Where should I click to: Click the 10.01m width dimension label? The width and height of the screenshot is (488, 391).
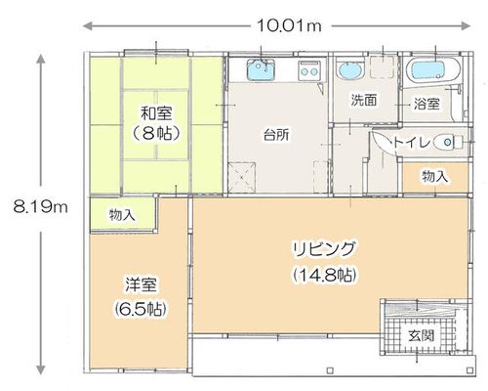(289, 25)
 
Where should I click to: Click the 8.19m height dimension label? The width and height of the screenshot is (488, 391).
(41, 206)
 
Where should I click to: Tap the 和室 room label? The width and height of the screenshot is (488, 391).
(156, 113)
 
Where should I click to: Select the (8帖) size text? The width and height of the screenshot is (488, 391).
(156, 133)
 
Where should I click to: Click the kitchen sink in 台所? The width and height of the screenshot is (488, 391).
(261, 69)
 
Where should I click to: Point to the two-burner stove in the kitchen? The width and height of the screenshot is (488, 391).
(308, 70)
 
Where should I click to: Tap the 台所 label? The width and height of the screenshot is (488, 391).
(276, 135)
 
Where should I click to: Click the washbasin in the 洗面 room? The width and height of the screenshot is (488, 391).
(349, 70)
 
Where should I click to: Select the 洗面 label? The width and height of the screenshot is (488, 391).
(364, 100)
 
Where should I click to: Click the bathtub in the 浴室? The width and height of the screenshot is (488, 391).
(432, 70)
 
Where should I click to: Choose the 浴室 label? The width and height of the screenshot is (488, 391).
(427, 104)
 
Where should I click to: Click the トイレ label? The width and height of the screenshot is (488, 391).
(411, 143)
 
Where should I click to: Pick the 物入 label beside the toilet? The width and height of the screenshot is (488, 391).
(435, 177)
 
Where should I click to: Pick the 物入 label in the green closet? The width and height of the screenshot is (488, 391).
(122, 215)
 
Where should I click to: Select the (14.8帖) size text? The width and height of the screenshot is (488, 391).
(324, 276)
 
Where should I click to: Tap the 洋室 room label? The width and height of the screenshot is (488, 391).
(141, 284)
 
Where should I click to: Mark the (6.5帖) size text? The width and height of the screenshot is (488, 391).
(141, 308)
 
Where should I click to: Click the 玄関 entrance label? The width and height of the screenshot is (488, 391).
(422, 335)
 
